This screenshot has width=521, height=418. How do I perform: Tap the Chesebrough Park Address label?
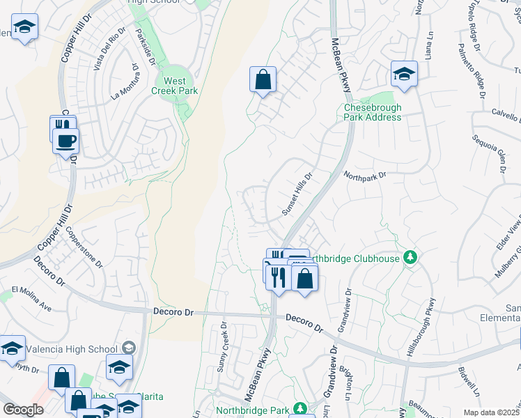tap(373, 112)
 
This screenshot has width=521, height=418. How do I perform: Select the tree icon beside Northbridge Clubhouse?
tap(412, 258)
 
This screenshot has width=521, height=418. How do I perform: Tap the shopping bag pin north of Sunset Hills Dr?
tap(263, 79)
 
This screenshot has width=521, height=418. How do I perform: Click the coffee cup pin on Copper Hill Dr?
tap(66, 141)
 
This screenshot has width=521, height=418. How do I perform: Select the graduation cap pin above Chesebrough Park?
tap(403, 73)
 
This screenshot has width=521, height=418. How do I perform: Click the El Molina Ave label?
tap(31, 297)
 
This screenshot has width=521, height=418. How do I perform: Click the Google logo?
tap(23, 410)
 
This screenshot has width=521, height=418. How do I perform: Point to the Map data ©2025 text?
tap(490, 412)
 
